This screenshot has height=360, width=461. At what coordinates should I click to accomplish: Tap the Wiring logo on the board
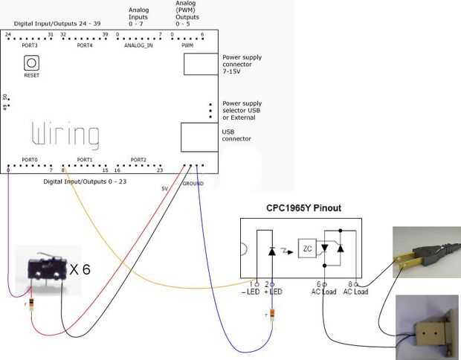coord(65,135)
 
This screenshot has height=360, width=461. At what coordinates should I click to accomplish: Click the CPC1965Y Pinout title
coord(303,208)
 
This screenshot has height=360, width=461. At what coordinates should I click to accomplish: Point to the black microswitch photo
coord(44,274)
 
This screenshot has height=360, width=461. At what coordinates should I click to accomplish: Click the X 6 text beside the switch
coord(80,269)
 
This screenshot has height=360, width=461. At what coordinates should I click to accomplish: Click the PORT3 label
coord(30,45)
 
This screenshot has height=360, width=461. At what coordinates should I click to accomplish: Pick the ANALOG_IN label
coord(139,45)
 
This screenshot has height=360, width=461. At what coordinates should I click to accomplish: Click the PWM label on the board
coord(187,45)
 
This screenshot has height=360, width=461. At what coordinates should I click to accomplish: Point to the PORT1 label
coord(84,160)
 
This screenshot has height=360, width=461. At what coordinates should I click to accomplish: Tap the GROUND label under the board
coord(193,183)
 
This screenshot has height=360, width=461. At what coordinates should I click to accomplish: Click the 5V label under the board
coord(164,188)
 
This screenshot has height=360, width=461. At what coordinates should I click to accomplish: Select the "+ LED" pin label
coord(275,292)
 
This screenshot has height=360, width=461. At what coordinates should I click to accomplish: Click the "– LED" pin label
coord(251,292)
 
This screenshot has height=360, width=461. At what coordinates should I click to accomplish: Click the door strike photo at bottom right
coord(427,324)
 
